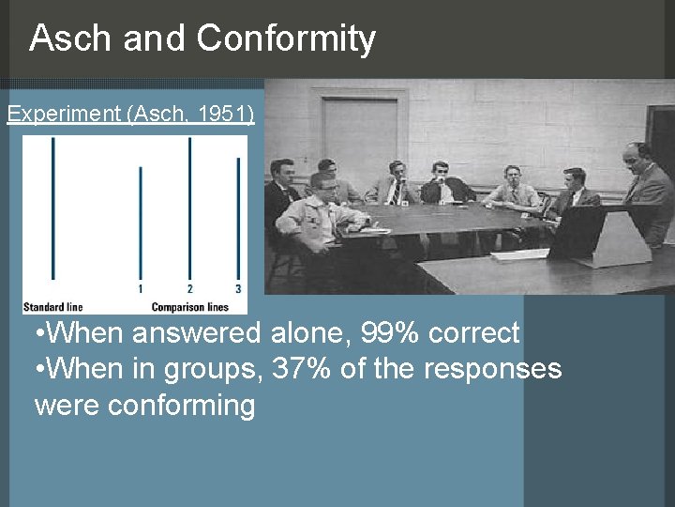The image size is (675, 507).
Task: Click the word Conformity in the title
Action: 286,38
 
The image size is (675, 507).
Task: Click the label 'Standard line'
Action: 53,306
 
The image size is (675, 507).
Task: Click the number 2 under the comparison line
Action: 190,289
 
